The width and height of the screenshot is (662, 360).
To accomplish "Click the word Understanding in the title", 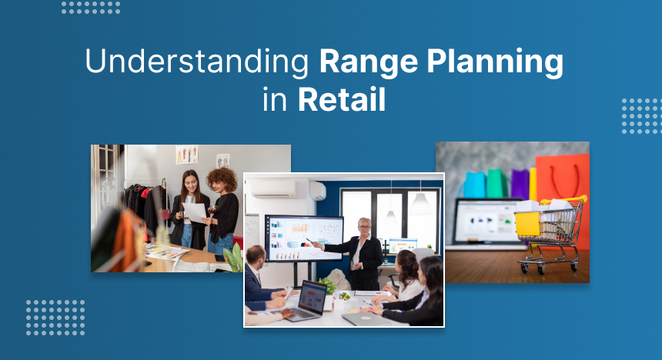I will click(x=187, y=62).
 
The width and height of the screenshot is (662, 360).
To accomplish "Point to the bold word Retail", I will click(x=342, y=101).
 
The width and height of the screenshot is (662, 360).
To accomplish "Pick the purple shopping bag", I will click(x=520, y=185).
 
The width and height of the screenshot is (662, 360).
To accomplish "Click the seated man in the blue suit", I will click(x=259, y=280).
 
